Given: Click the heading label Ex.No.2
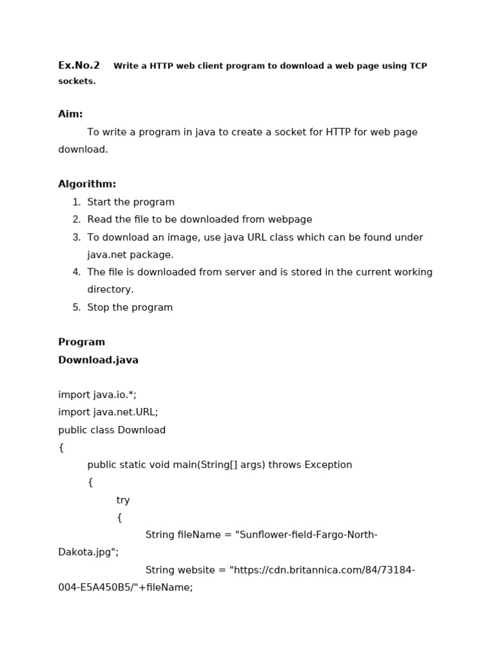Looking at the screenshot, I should click(79, 65).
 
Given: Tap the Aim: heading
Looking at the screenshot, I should click(70, 114).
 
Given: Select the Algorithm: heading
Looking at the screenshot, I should click(87, 184).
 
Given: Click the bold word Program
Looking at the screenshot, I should click(81, 342).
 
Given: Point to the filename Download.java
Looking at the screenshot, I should click(98, 360).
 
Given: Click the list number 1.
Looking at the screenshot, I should click(77, 202).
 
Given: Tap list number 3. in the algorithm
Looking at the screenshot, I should click(77, 238).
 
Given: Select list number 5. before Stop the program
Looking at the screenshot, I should click(77, 307).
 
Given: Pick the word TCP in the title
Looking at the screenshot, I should click(418, 66).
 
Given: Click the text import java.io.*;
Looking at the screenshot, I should click(97, 395).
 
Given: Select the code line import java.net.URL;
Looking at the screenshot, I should click(108, 412).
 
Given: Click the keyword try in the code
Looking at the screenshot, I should click(123, 500).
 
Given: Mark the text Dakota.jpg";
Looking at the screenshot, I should click(88, 552).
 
